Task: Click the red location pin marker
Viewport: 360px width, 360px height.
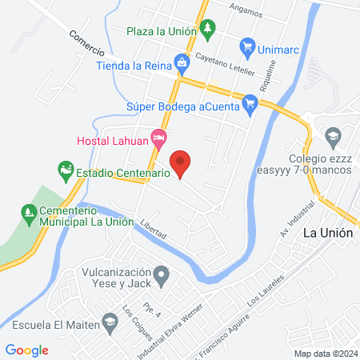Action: coord(182,162)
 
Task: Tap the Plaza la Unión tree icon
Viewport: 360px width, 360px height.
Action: coord(207,30)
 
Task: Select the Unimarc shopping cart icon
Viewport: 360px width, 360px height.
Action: coord(248,46)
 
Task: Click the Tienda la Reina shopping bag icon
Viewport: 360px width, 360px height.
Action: coord(182,62)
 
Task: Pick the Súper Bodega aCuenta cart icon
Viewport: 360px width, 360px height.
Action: coord(250,102)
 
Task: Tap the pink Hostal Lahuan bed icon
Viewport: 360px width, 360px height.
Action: coord(159,140)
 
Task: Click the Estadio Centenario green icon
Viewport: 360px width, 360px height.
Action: coord(65,171)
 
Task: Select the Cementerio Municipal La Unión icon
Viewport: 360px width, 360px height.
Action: coord(26,211)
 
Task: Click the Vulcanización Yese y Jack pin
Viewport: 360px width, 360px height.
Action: coord(162,278)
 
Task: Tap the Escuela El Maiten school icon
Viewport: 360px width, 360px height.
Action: coord(110,324)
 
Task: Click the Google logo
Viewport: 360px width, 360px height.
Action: coord(27,350)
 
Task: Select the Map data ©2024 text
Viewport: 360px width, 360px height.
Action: coord(324,354)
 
